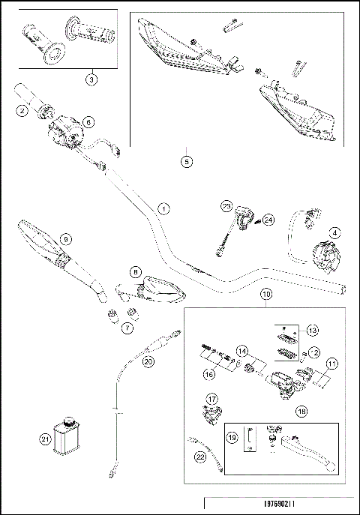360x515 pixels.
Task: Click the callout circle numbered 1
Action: click(163, 208)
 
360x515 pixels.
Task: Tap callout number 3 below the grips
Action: click(90, 78)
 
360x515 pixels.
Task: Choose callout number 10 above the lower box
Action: click(266, 295)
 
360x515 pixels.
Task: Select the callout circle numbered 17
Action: click(212, 400)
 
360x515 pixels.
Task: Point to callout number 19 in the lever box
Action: click(232, 438)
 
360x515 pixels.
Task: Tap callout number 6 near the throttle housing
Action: click(88, 120)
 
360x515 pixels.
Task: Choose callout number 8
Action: click(136, 271)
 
